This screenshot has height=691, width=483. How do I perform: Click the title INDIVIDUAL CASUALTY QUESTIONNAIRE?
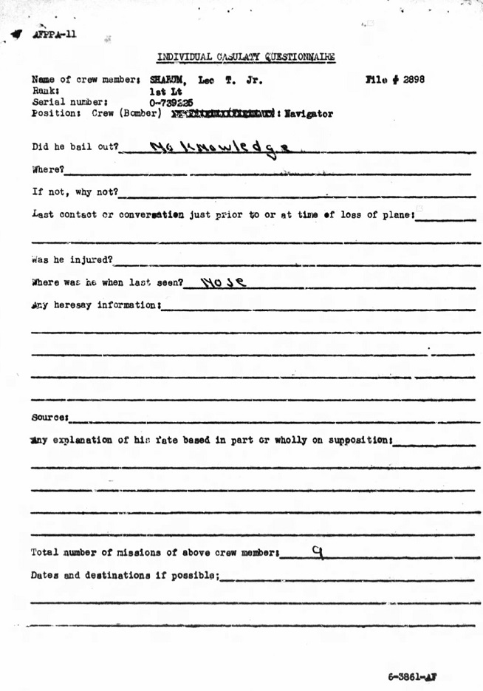[x=246, y=57]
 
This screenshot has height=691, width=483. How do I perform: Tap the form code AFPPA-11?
[x=54, y=35]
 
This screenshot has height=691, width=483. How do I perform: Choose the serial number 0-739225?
[x=171, y=103]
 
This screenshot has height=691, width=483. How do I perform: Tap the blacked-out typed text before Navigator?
[x=223, y=114]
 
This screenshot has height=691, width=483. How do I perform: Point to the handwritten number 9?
[x=318, y=550]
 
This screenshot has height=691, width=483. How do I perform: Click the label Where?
[x=48, y=169]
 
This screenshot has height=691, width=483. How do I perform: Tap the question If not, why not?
[x=75, y=192]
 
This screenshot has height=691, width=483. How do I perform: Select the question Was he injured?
[x=72, y=259]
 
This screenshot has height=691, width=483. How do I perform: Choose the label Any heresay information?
[x=95, y=304]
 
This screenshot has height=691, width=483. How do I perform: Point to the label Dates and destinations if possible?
[x=125, y=575]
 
